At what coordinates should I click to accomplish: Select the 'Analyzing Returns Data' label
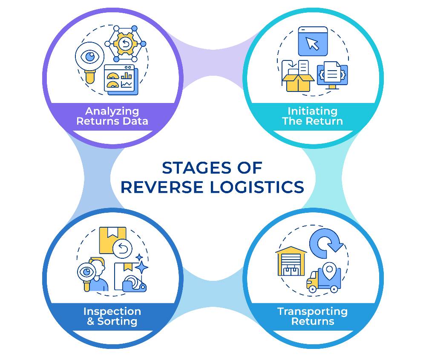(x=112, y=116)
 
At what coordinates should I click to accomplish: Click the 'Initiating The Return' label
(x=312, y=116)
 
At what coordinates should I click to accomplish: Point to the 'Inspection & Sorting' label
(x=112, y=316)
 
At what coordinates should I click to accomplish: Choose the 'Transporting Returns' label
(x=312, y=316)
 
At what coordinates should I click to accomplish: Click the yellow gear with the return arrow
(x=125, y=43)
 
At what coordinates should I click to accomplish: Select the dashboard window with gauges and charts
(x=119, y=79)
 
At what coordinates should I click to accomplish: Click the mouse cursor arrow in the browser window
(x=313, y=44)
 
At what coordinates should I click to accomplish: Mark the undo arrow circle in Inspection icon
(x=122, y=249)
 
